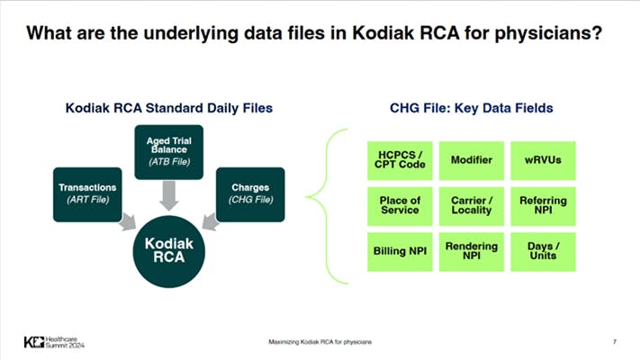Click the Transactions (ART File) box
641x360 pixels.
83,193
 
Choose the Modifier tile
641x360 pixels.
472,160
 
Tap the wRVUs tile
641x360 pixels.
543,160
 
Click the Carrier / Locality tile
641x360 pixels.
472,204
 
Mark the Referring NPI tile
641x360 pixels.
543,204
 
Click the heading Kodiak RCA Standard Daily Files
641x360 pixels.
169,109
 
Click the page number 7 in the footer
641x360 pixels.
613,342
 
